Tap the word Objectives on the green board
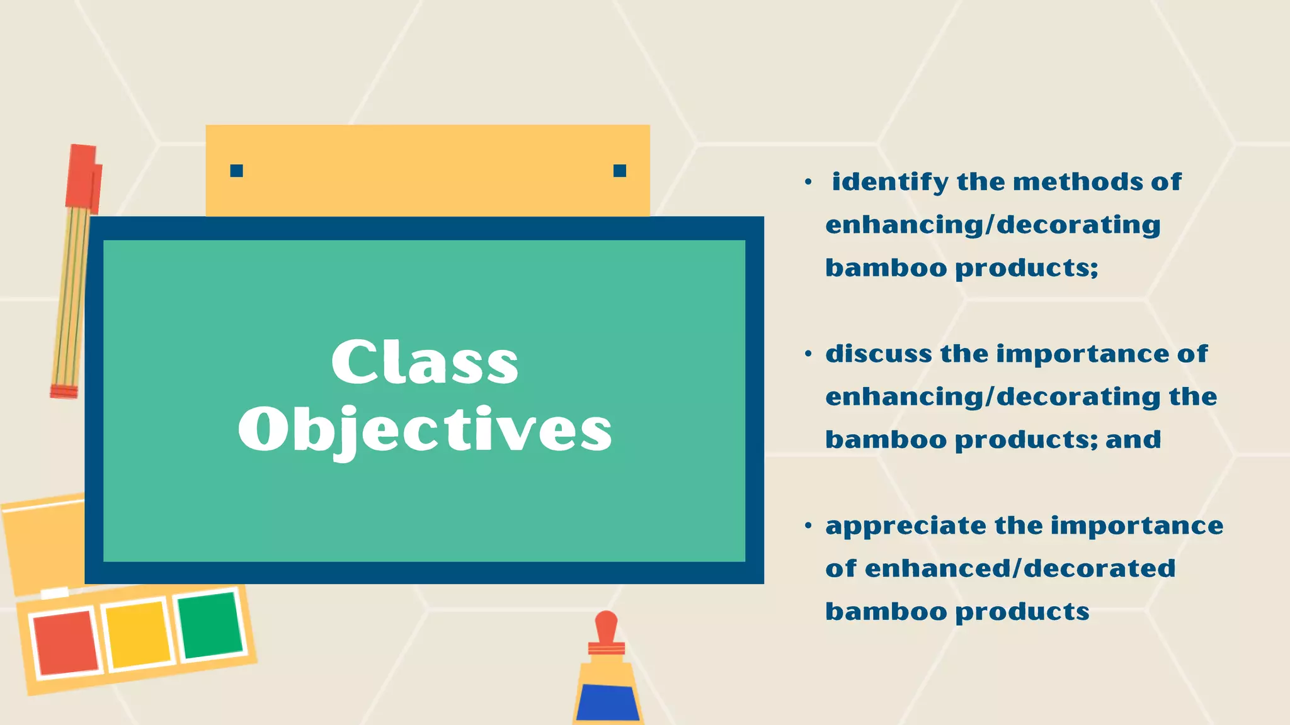pos(425,430)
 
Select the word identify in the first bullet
pos(889,183)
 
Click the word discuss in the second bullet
pos(878,354)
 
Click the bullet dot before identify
pos(808,183)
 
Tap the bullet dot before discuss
pos(808,354)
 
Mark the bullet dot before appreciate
pos(808,525)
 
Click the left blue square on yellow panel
pos(237,171)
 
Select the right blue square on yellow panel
pos(620,171)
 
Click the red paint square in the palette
pos(66,643)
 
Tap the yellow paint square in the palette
pos(139,634)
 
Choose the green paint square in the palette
pos(210,625)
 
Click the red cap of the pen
pos(83,177)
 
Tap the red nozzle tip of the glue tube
pos(606,626)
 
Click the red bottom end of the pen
pos(64,391)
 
